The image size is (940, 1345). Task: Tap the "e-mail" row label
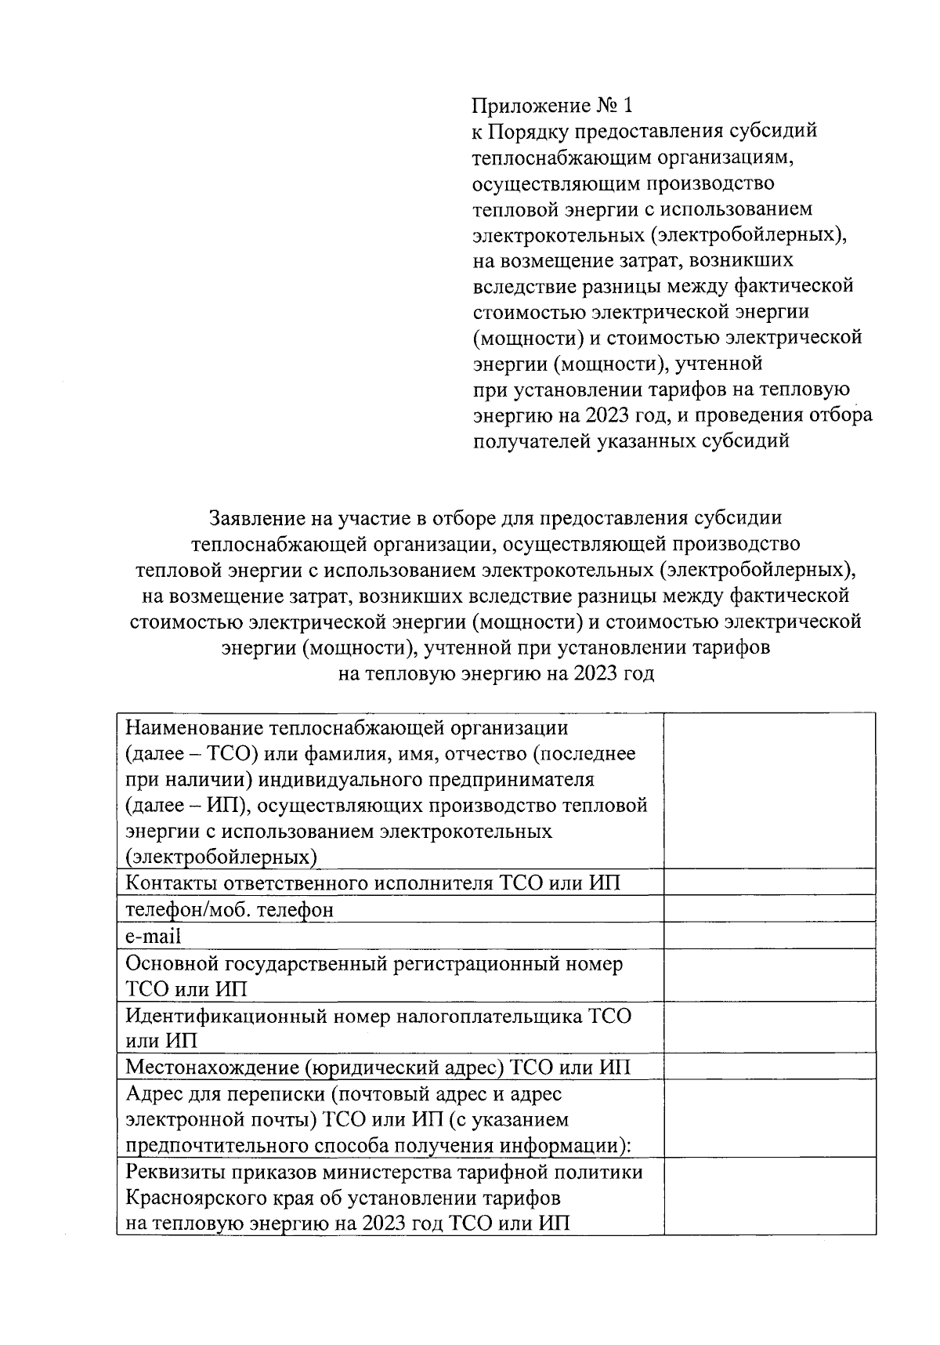154,936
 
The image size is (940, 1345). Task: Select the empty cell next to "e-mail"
769,935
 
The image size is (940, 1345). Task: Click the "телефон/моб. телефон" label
230,909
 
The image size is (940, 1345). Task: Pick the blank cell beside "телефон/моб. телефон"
769,908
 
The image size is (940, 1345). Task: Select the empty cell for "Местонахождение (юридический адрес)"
769,1066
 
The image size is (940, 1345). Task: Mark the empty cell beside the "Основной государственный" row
769,975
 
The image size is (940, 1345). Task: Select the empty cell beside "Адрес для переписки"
769,1118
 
